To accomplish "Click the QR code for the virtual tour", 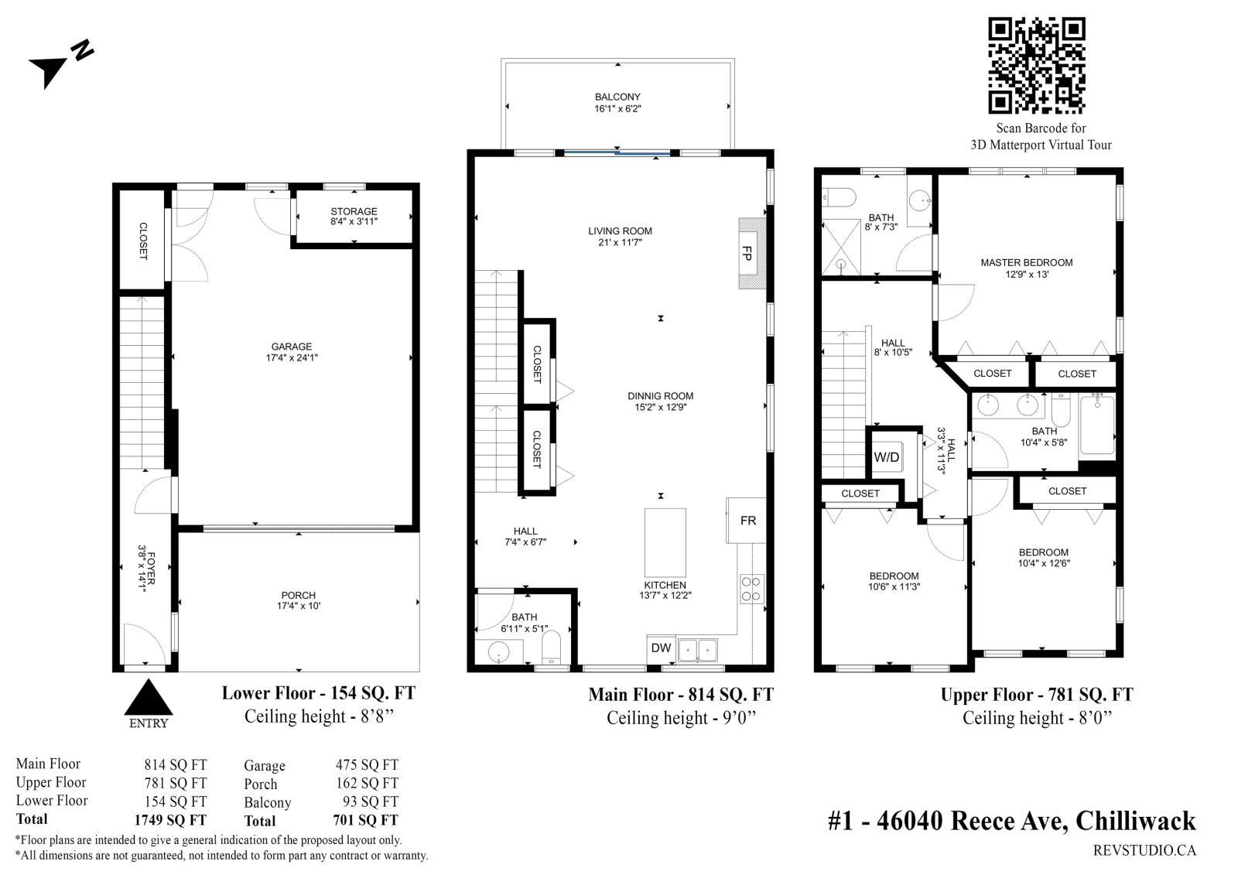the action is [1036, 65].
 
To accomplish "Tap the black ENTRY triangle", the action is [148, 697].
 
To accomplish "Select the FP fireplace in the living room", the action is [752, 253].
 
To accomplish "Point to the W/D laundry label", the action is [887, 457].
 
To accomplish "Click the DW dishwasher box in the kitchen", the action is [661, 649].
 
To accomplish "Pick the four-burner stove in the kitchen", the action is [751, 589].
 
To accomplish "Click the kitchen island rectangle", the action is [665, 543].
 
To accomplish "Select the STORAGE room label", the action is [354, 211].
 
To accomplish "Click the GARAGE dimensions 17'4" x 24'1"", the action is [292, 357].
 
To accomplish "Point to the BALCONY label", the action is [617, 97].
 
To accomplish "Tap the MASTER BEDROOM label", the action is [1027, 262].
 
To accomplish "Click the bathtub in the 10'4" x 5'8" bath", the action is [1097, 425].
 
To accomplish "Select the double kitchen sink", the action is [697, 650].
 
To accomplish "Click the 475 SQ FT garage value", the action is [367, 765].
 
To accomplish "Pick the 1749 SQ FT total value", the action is [170, 820].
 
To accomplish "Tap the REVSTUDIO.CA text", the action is [1144, 851].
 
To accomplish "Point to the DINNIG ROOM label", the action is [661, 396].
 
